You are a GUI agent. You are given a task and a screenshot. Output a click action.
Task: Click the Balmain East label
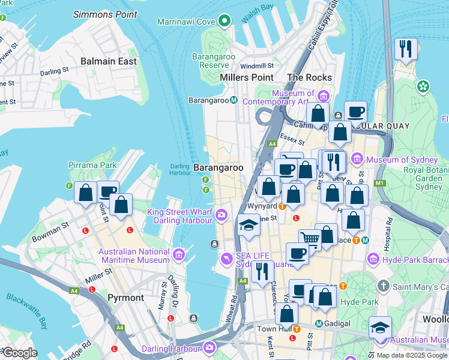click(109, 61)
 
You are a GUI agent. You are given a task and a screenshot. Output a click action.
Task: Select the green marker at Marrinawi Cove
click(224, 22)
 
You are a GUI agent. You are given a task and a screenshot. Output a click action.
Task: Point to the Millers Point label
click(247, 77)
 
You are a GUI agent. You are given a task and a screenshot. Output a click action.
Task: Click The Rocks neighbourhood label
click(309, 77)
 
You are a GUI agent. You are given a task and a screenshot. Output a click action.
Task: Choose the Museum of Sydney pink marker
click(357, 159)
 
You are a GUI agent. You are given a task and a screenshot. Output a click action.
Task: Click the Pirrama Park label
click(92, 165)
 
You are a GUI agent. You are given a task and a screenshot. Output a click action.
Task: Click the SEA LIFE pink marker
click(226, 259)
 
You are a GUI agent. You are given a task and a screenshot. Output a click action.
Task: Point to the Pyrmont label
click(125, 298)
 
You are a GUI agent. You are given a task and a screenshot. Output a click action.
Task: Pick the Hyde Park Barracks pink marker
click(373, 259)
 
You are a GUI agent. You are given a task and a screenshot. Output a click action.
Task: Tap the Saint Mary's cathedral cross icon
click(384, 286)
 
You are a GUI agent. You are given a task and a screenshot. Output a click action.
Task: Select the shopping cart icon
click(310, 239)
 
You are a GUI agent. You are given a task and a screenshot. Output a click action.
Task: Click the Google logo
click(19, 352)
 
